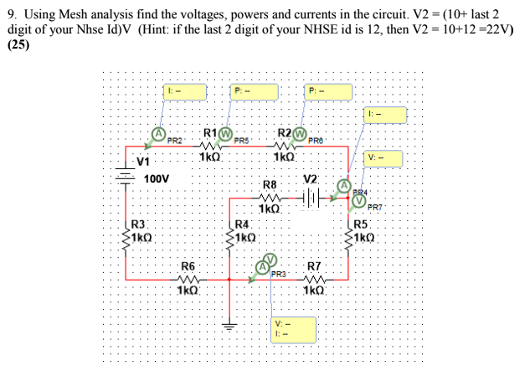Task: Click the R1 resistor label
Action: (210, 132)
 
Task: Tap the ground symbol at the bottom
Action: (230, 323)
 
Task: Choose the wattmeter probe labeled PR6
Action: (299, 132)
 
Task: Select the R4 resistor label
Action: (243, 224)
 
